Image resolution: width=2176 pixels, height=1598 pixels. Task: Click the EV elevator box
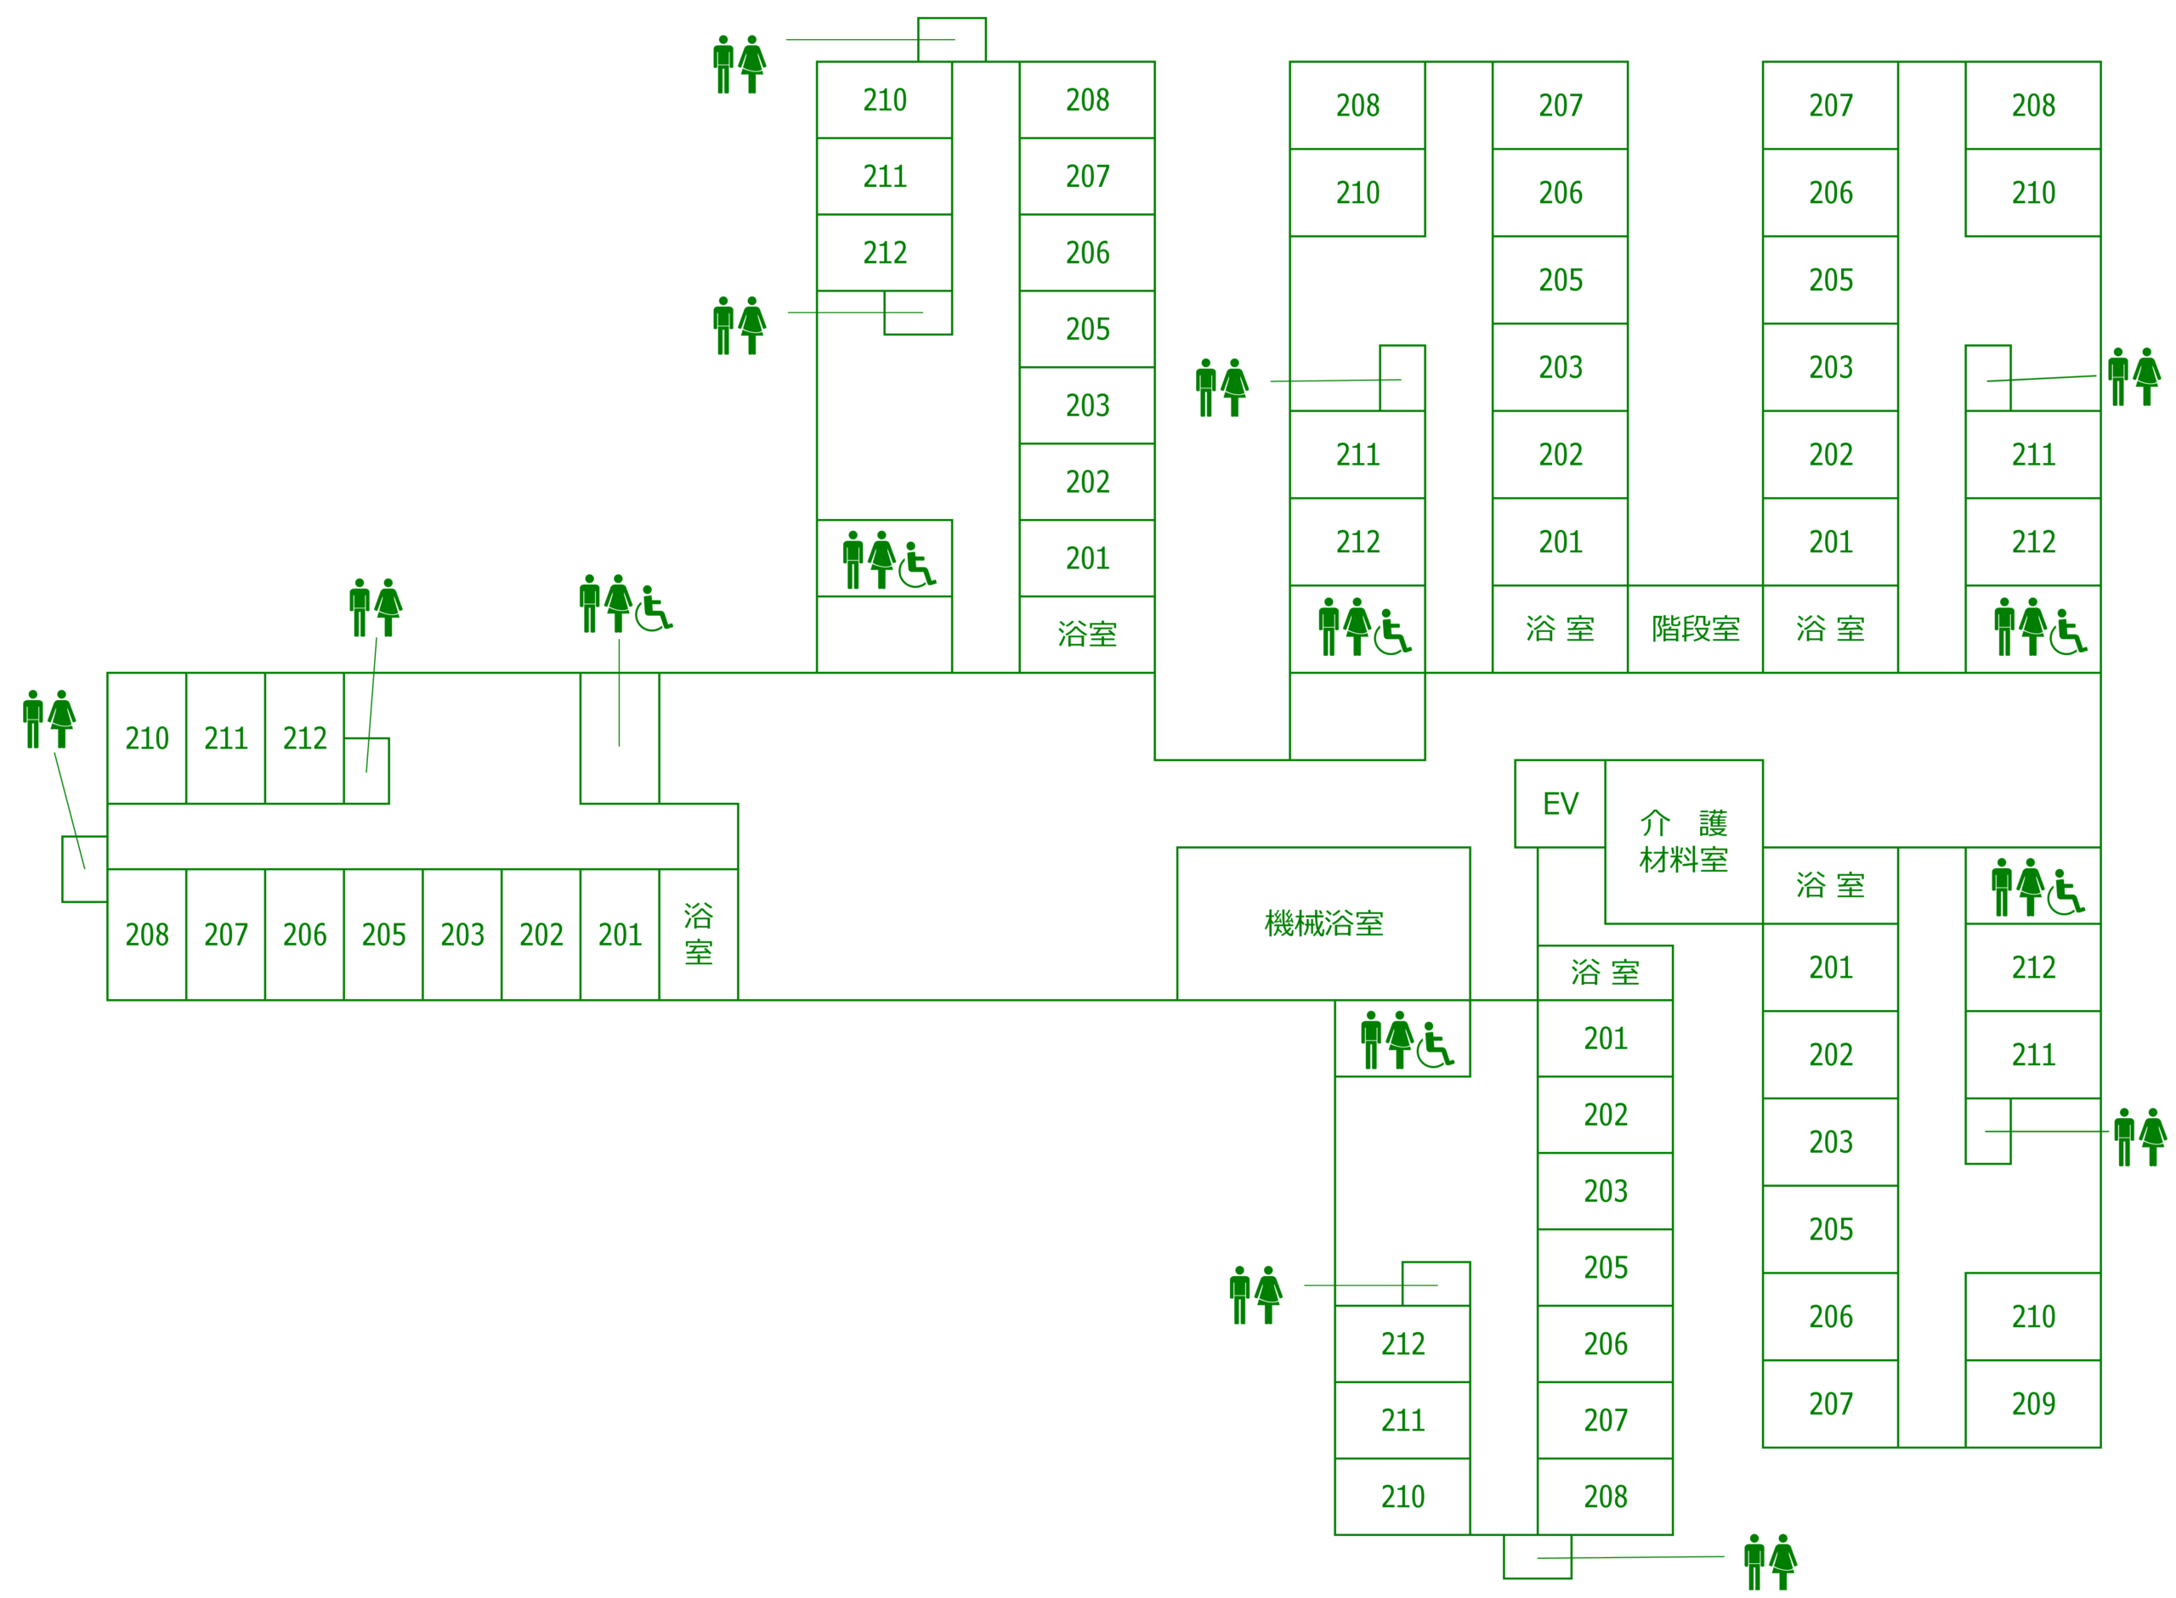click(x=1559, y=803)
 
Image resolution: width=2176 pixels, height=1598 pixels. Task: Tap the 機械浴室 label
click(x=1323, y=923)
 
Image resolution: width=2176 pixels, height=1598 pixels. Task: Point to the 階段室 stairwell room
click(x=1694, y=629)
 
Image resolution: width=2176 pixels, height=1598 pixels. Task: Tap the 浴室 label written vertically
click(x=698, y=934)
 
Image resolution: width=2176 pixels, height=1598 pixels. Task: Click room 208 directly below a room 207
click(x=1605, y=1495)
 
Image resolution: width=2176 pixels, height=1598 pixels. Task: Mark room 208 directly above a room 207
click(x=1086, y=99)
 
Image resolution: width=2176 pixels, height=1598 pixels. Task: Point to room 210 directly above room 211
click(x=884, y=99)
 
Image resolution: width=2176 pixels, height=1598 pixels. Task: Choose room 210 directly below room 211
click(x=1402, y=1495)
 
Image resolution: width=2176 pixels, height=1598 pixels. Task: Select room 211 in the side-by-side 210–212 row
click(x=225, y=738)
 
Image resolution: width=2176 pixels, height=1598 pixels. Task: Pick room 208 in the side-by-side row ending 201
click(x=146, y=935)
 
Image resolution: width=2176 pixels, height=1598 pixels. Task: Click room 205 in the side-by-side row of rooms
click(x=383, y=935)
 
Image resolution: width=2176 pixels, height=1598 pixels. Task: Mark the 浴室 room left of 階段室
click(x=1559, y=629)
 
